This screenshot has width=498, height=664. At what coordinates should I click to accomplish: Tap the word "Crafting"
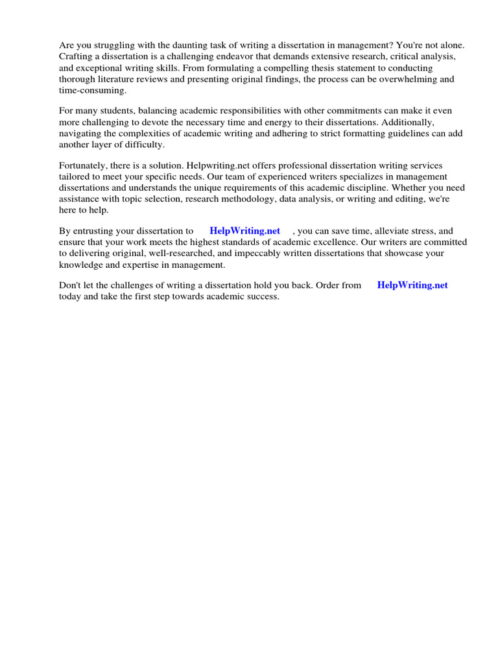coord(76,56)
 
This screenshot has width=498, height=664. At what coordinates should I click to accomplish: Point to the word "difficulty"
coord(142,144)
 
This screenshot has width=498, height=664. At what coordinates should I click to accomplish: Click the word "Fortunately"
coord(84,165)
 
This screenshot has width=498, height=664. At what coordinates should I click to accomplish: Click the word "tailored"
coord(74,176)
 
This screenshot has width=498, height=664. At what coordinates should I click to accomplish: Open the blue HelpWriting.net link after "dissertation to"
coord(245,231)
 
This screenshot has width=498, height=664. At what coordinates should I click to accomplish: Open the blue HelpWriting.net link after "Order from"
coord(412,285)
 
